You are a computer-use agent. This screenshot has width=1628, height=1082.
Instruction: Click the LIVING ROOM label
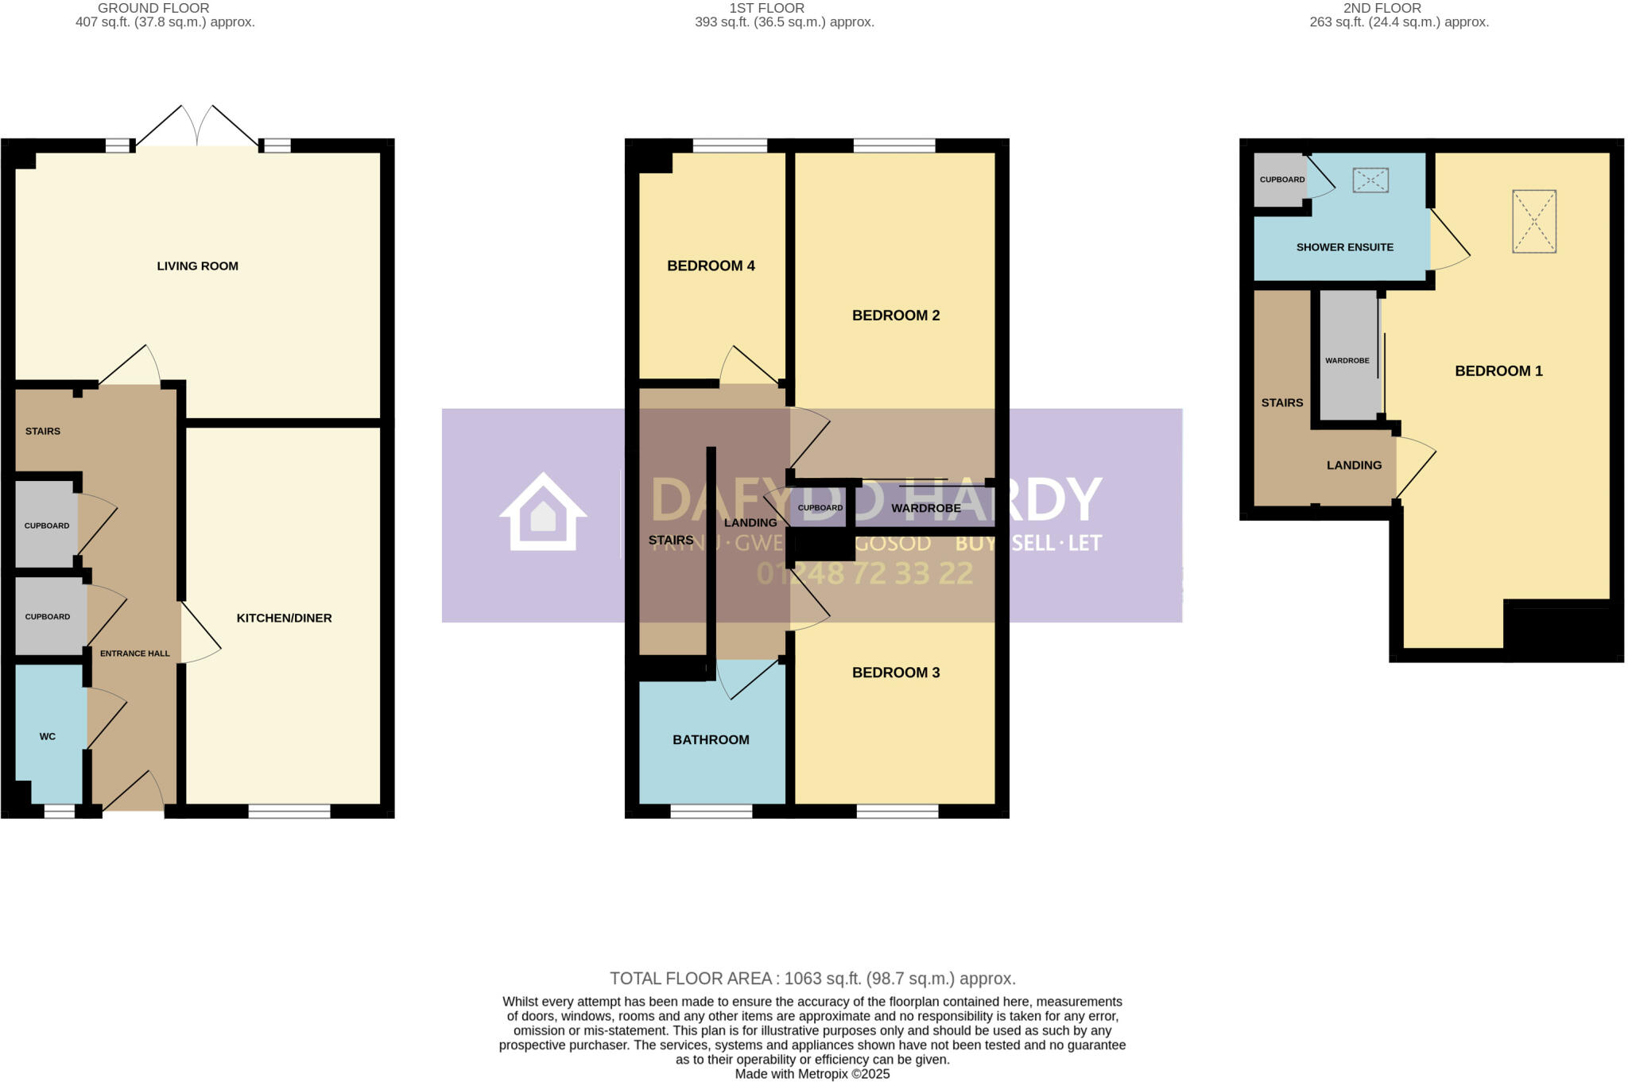click(197, 266)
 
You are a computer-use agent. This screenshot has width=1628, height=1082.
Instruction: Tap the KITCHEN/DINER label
click(284, 618)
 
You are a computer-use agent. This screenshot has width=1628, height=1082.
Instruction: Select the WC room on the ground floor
click(48, 736)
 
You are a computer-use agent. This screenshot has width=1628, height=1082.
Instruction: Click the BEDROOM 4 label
click(711, 266)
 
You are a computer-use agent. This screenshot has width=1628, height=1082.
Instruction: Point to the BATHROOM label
click(711, 739)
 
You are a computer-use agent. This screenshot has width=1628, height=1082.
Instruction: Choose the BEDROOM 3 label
click(896, 673)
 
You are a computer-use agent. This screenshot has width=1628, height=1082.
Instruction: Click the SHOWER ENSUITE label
click(1344, 247)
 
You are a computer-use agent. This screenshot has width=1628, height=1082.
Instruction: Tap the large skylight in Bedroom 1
click(1533, 222)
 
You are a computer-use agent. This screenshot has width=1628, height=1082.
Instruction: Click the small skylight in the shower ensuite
click(1370, 180)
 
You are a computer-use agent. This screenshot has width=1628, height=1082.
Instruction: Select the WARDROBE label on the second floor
click(1347, 360)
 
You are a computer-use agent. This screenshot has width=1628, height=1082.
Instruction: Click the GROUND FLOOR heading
click(153, 8)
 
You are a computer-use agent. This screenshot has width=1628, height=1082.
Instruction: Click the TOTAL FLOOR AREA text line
click(812, 979)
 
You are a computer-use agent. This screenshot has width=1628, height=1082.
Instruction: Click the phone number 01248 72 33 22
click(865, 573)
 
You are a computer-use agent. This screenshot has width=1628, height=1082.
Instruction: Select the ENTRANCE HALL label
click(134, 653)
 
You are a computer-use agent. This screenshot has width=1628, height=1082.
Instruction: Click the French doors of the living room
click(197, 127)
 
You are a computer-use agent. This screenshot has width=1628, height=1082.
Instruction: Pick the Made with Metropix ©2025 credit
click(812, 1074)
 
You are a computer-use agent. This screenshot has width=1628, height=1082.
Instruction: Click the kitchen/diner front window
click(289, 811)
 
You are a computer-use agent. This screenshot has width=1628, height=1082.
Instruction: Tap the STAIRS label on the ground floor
click(43, 431)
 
